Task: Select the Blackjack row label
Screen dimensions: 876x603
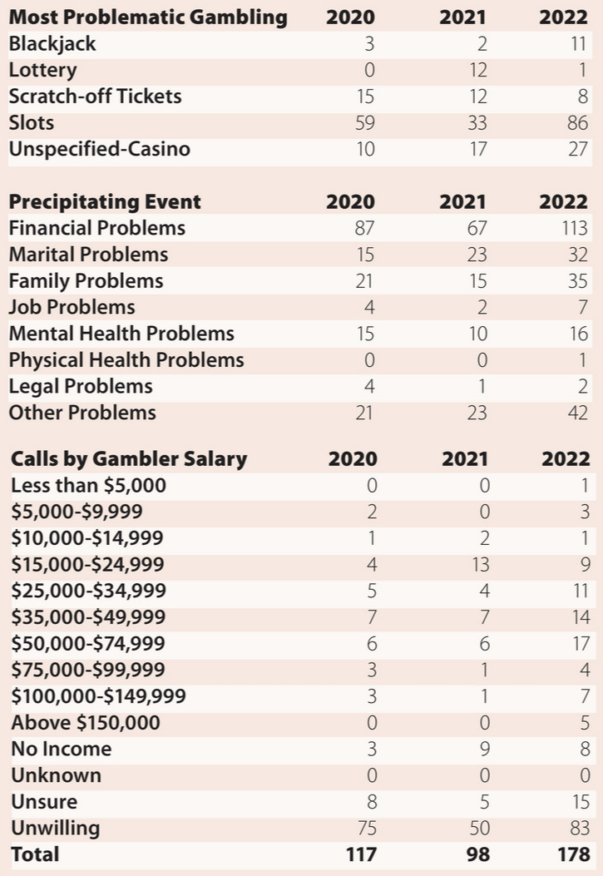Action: coord(52,43)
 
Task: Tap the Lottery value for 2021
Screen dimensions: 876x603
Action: coord(477,70)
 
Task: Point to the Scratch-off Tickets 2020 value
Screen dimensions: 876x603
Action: coord(365,97)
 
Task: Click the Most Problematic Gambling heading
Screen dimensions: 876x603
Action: coord(148,17)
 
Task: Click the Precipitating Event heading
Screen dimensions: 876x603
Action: coord(105,201)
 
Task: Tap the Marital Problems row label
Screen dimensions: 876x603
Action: coord(88,255)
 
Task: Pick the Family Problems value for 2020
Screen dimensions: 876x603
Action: coord(364,281)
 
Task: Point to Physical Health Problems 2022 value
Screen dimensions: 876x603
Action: coord(582,360)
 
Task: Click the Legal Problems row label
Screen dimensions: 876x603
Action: coord(81,387)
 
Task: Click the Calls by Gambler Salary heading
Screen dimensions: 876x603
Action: coord(129,458)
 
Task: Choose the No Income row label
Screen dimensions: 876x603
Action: coord(62,749)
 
